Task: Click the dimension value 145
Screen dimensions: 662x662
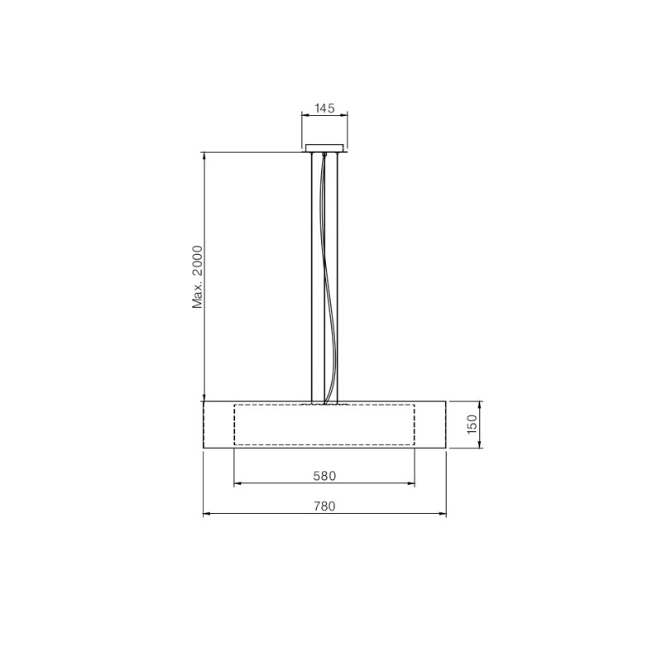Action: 324,108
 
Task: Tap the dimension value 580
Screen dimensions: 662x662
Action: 324,476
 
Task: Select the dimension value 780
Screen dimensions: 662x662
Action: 324,506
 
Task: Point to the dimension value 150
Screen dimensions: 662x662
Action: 472,424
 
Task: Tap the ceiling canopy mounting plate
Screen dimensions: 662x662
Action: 324,147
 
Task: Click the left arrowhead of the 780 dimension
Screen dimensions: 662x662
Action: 206,514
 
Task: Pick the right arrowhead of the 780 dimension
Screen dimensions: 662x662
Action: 443,514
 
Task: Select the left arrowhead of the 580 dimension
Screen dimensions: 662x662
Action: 237,483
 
